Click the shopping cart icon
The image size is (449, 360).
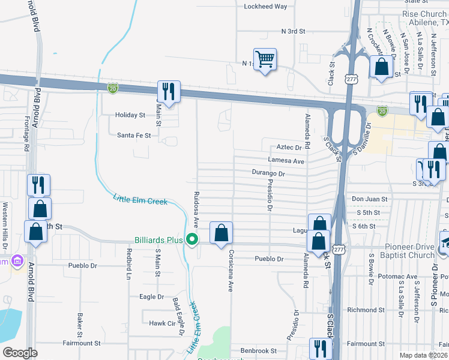[265, 59]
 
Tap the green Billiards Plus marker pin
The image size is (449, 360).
[192, 240]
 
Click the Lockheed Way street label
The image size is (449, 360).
[265, 7]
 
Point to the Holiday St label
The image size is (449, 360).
[131, 115]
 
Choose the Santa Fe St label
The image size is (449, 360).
[134, 136]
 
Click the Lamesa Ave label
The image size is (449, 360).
[286, 161]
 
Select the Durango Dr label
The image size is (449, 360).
[268, 173]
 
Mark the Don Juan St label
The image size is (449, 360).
[370, 199]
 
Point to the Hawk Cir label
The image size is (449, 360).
[161, 323]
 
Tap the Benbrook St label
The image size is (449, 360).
[259, 350]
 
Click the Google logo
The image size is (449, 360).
[20, 353]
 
